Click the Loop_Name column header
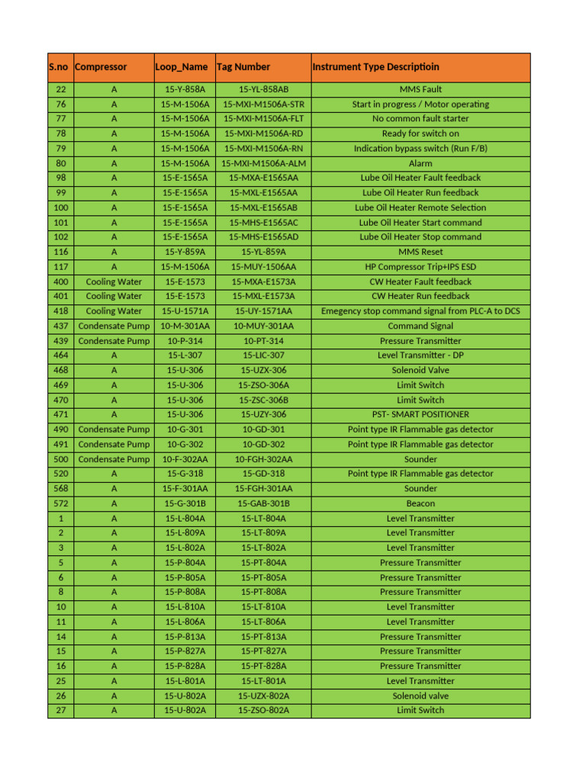click(181, 67)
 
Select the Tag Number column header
click(243, 67)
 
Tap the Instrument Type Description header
click(375, 67)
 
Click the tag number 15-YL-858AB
click(263, 89)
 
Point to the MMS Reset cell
click(420, 252)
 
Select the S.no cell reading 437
click(61, 326)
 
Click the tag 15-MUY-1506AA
click(263, 267)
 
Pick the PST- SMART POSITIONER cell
click(420, 414)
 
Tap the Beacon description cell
click(420, 503)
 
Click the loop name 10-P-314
click(185, 341)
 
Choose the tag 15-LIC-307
click(263, 355)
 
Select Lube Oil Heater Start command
click(420, 223)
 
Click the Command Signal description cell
click(420, 326)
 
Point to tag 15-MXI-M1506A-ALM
click(263, 163)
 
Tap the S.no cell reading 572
click(61, 503)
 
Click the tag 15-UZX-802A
click(263, 696)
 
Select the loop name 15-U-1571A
click(185, 311)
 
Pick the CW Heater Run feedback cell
click(420, 296)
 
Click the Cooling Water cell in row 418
click(114, 311)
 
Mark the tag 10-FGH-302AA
click(263, 459)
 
